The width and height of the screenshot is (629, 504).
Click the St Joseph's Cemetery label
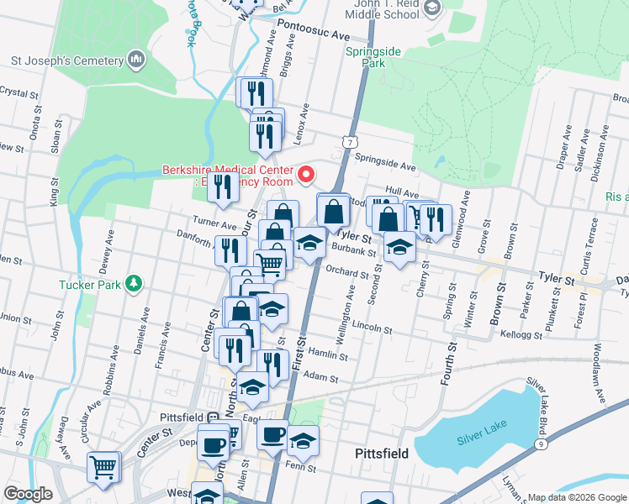[65, 60]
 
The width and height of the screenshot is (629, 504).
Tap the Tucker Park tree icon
[132, 283]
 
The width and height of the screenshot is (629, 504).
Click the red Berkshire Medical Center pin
[306, 175]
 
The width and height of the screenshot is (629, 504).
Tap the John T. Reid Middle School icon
[432, 10]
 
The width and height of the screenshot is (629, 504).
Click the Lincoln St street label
[373, 326]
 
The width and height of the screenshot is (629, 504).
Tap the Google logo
[29, 494]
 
